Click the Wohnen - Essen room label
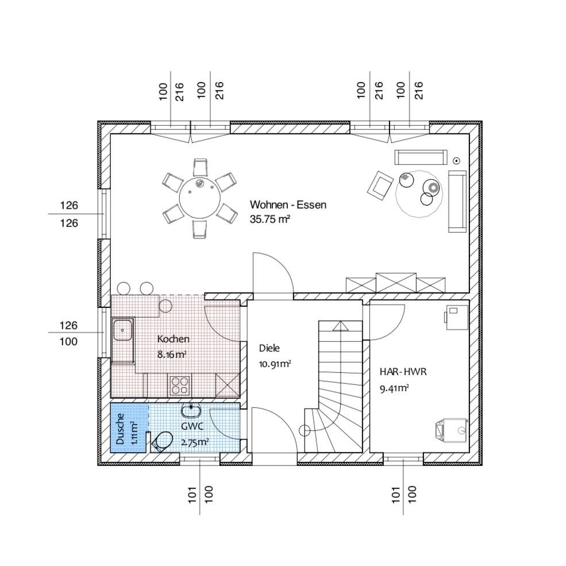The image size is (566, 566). (x=288, y=205)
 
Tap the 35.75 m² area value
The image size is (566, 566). (x=270, y=219)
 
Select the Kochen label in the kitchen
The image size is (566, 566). (x=174, y=339)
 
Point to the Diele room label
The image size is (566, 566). (x=269, y=348)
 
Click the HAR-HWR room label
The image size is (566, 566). (x=403, y=372)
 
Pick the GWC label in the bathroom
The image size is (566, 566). (x=192, y=426)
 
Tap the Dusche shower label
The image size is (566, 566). (x=120, y=429)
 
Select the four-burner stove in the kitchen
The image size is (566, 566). (x=180, y=385)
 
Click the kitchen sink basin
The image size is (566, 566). (x=123, y=330)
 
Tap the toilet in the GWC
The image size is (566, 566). (x=161, y=441)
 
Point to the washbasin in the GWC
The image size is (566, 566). (x=191, y=411)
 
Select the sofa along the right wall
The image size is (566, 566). (x=457, y=201)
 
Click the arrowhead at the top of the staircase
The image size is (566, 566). (x=341, y=326)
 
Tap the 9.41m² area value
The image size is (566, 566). (x=394, y=388)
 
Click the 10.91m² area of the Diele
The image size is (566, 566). (x=275, y=364)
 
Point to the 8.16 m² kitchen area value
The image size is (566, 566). (x=172, y=355)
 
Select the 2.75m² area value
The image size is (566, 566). (x=195, y=442)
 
